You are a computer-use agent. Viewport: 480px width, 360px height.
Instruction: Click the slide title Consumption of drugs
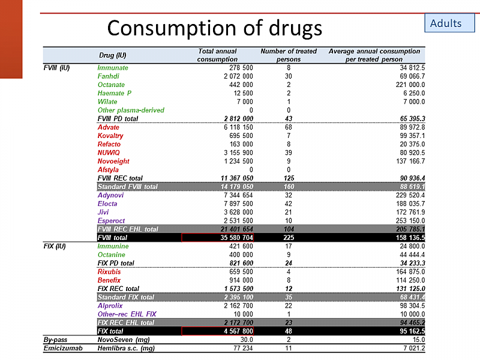coord(214,28)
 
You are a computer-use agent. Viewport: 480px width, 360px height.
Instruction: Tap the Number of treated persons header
coord(289,55)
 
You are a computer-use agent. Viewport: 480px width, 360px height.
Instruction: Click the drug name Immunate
coord(113,68)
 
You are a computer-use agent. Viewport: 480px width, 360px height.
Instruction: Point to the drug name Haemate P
coord(115,93)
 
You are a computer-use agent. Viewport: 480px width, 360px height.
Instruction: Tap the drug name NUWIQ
coord(109,152)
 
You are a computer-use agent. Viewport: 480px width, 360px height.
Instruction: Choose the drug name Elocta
coord(108,203)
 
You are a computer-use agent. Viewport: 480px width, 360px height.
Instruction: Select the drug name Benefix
coord(109,280)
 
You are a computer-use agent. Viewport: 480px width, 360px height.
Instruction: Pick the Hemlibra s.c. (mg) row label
coord(127,348)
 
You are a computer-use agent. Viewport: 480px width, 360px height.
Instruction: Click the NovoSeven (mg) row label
coord(123,340)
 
